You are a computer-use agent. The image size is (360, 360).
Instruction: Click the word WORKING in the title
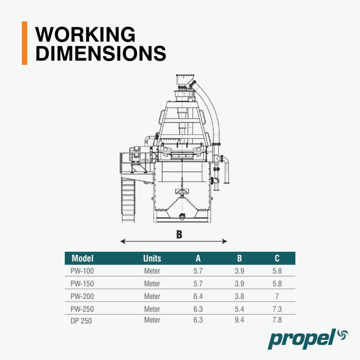coord(85,34)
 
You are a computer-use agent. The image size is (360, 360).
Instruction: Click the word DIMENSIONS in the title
coord(101,53)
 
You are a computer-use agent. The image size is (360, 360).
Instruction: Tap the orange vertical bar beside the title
coord(25,43)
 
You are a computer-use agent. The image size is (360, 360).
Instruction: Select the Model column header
coord(82,258)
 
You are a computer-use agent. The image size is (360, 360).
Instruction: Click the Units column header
coord(152,258)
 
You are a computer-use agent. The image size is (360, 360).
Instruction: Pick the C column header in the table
coord(277,258)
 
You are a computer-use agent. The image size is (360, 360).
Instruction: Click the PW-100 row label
coord(82,271)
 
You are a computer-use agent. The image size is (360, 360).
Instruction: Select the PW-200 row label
coord(82,296)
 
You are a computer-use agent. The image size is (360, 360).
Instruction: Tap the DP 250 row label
coord(81,321)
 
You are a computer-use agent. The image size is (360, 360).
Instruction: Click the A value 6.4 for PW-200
coord(198,296)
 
